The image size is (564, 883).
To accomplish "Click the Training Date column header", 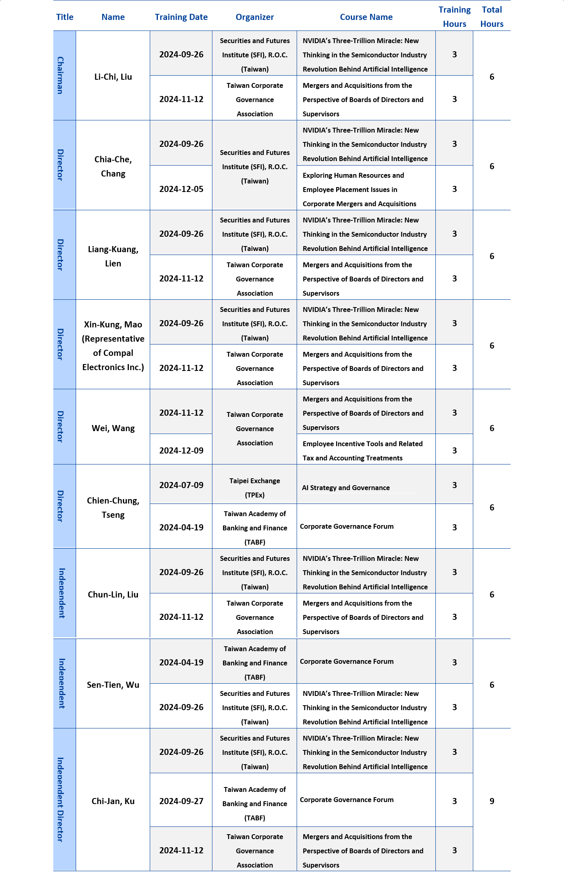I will coord(181,17).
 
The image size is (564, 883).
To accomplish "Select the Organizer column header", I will coord(255,17).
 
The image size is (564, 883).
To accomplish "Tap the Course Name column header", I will coord(366,17).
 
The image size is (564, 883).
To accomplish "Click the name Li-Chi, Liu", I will coord(113,77).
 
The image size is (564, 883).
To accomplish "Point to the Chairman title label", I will coord(60,76).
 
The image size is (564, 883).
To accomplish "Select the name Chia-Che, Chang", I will coord(113,166).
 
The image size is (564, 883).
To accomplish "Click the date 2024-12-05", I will coord(181,189).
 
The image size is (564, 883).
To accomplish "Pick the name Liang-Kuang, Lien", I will coord(113,256).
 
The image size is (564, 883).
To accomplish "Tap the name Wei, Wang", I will coord(113,428).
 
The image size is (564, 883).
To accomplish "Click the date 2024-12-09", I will coord(181,451).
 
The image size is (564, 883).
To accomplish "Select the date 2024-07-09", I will coord(181,485).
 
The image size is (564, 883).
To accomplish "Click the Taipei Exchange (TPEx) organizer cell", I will coord(255,488).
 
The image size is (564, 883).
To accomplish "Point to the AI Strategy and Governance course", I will coord(346,488).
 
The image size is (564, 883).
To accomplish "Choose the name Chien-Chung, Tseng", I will coord(113,508).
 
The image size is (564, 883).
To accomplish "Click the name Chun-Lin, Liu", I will coord(113,595).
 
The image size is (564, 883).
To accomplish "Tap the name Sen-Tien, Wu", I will coord(113,685).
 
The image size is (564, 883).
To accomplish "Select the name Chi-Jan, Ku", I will coord(113,801).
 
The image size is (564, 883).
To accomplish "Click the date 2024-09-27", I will coord(181,801).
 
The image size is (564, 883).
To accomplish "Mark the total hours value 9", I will coord(492,801).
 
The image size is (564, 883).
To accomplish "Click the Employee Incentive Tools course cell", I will coord(363,451).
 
